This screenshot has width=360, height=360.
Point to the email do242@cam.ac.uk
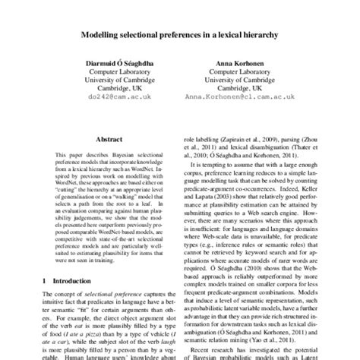point(112,97)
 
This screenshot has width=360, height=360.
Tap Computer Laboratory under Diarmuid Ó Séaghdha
point(112,72)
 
